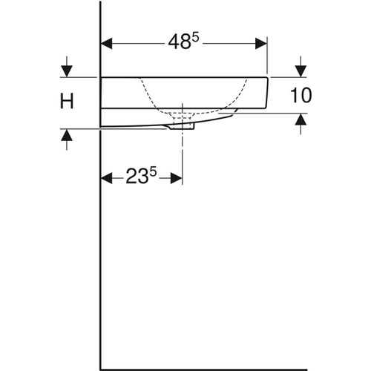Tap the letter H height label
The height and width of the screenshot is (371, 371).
pyautogui.click(x=67, y=102)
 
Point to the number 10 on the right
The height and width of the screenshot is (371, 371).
pyautogui.click(x=301, y=95)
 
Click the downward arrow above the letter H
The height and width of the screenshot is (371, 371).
pyautogui.click(x=67, y=71)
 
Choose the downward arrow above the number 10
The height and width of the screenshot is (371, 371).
pyautogui.click(x=300, y=71)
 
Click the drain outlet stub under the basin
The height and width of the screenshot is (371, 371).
pyautogui.click(x=182, y=127)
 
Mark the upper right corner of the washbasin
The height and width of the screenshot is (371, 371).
pyautogui.click(x=267, y=76)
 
